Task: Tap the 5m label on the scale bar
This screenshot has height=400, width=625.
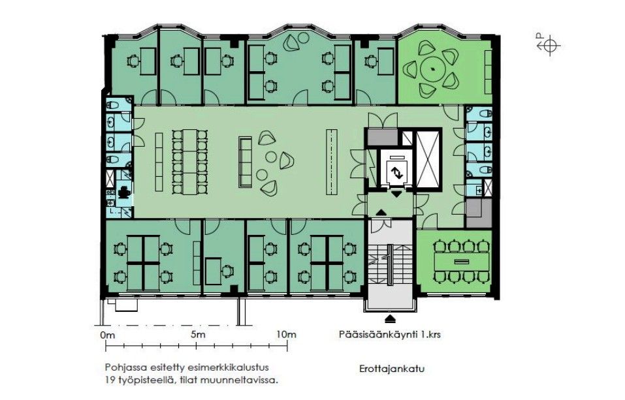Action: pos(198,334)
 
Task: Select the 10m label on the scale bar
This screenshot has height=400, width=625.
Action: pos(287,334)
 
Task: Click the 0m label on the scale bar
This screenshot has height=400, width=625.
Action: pos(108,335)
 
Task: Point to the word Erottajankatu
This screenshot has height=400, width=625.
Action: pos(392,369)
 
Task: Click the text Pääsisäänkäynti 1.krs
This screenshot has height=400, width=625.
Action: pos(390,334)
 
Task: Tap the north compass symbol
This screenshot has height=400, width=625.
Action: pos(549,45)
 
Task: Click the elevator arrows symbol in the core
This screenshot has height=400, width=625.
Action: pos(396,173)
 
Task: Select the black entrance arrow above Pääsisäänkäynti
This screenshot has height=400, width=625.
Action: pos(390,318)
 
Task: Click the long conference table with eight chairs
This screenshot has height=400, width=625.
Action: pos(462,262)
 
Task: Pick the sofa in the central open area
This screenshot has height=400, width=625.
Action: pos(245,162)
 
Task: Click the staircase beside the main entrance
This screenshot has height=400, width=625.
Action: pos(390,265)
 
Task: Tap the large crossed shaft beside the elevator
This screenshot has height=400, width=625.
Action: pos(428,159)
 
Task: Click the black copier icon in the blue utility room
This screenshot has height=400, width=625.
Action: pos(124,192)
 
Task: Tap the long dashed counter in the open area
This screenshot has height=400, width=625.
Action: pos(332,162)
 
